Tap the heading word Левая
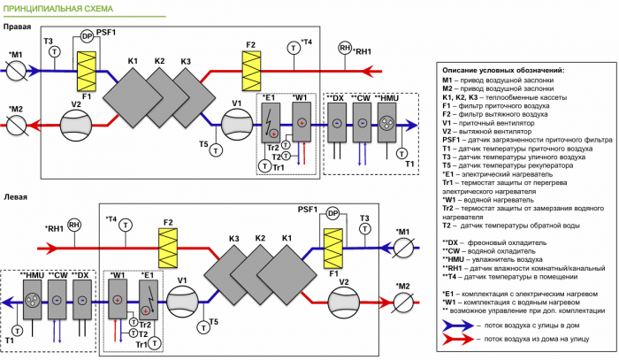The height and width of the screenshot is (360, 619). [x=16, y=197]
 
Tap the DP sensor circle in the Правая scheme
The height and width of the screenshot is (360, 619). [x=87, y=36]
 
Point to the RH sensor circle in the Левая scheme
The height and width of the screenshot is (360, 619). [x=74, y=226]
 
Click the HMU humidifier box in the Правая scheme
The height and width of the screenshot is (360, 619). [x=387, y=124]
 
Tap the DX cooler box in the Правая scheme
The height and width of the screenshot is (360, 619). [x=338, y=124]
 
